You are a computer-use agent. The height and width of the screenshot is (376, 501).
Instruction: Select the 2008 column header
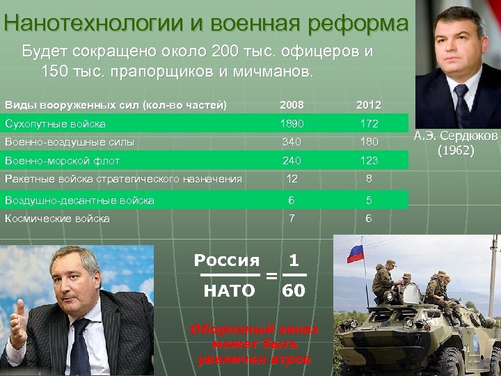click(x=291, y=105)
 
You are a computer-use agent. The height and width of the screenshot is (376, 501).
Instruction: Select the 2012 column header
click(x=368, y=105)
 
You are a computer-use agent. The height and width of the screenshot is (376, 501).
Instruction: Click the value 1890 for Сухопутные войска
click(x=291, y=124)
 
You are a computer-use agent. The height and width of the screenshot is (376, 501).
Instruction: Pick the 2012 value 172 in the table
click(x=369, y=124)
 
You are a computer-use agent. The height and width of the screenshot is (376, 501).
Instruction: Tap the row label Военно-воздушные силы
click(x=70, y=142)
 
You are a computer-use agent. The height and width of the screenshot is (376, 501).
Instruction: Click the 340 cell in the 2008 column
click(x=291, y=142)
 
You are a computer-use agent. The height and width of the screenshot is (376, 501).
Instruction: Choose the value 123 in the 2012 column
click(x=369, y=160)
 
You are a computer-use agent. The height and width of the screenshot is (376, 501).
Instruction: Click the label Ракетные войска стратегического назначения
click(x=123, y=179)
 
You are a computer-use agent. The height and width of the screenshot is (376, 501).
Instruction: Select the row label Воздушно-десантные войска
click(x=79, y=201)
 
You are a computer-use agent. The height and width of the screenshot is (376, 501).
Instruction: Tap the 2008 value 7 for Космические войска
click(x=292, y=219)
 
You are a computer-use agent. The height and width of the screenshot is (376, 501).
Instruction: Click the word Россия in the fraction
click(x=226, y=261)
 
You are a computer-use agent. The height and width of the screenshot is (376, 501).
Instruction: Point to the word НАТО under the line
click(x=229, y=291)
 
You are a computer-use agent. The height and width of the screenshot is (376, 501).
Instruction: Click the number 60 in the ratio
click(x=294, y=291)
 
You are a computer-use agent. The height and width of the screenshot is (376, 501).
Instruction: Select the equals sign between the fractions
click(x=271, y=276)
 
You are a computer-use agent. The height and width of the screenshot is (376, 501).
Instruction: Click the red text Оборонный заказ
click(x=254, y=329)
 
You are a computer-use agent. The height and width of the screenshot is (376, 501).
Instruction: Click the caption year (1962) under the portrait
click(x=456, y=150)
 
